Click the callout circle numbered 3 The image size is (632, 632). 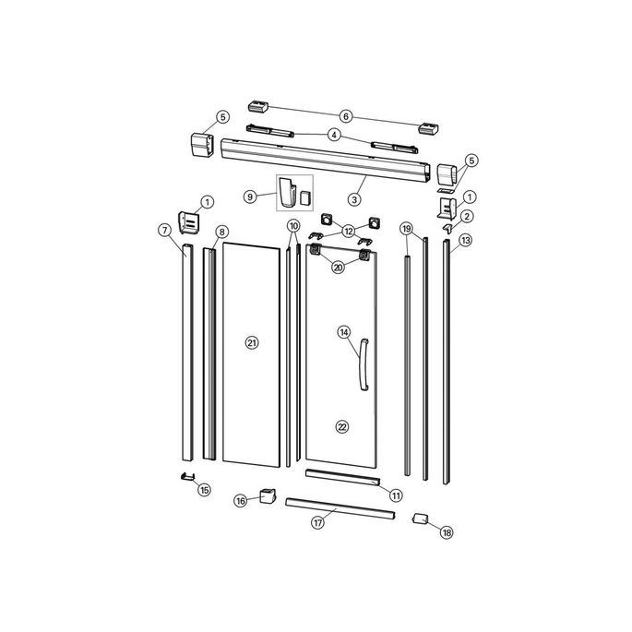coord(353,198)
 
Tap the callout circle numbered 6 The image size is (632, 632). coord(346,116)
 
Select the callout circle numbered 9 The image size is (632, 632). coord(249,197)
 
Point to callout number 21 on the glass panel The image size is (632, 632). coord(251,342)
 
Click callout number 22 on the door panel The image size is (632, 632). coord(342,427)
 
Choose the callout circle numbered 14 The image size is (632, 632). coord(343,331)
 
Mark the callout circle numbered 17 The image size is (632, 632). coord(317,522)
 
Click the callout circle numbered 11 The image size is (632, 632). coord(395,495)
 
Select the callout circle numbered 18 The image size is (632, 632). coord(447,532)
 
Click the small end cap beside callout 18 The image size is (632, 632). coord(420,519)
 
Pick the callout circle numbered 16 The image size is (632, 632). coord(241,501)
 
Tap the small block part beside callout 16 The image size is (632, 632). coord(268,495)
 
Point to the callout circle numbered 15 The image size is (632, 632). coord(205,489)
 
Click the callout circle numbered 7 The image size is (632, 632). coord(164,230)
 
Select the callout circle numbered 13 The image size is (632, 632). coord(465,240)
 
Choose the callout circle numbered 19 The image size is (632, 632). coord(405,228)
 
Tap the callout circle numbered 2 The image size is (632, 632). coord(468,216)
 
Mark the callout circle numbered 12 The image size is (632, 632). coord(348,230)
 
